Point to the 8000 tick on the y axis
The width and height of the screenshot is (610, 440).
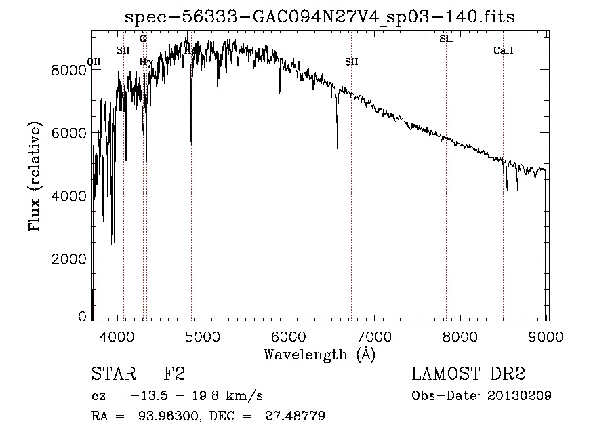pos(70,70)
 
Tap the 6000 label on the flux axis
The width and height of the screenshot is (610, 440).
pos(70,133)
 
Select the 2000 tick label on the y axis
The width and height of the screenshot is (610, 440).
pos(70,258)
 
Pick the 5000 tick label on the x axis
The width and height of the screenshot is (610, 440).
pos(203,337)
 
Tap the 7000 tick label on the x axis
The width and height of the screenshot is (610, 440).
pos(375,337)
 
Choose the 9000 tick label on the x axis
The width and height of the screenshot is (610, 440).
pos(547,337)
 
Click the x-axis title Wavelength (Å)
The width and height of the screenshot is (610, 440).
pos(319,354)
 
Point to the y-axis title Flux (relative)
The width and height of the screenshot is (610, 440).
pos(34,176)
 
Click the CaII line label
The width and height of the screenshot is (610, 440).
pos(503,51)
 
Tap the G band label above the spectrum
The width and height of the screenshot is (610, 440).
pos(143,39)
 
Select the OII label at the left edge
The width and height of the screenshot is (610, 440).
pos(95,62)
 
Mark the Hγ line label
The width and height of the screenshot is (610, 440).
pos(144,62)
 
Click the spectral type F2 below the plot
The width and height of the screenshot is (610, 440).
pos(174,374)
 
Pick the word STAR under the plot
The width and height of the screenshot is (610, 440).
pos(113,374)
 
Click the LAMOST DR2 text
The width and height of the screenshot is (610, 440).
pos(468,374)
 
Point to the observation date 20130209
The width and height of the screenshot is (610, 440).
pos(519,396)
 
